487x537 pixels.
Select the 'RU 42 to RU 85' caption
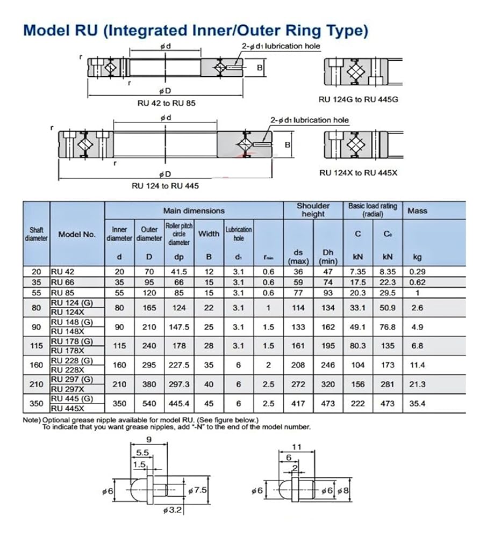pos(166,103)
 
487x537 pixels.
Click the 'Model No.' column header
pos(77,234)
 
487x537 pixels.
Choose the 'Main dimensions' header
pos(194,211)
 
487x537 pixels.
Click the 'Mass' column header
pos(417,211)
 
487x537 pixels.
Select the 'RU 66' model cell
pos(61,282)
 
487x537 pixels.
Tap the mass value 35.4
pos(417,403)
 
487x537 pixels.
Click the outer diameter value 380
pos(149,384)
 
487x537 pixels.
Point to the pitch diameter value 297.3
pos(179,384)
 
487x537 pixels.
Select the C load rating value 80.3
pos(357,346)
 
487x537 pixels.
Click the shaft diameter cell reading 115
pos(37,346)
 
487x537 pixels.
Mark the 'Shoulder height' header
pos(313,210)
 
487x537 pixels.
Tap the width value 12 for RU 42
pos(209,272)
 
